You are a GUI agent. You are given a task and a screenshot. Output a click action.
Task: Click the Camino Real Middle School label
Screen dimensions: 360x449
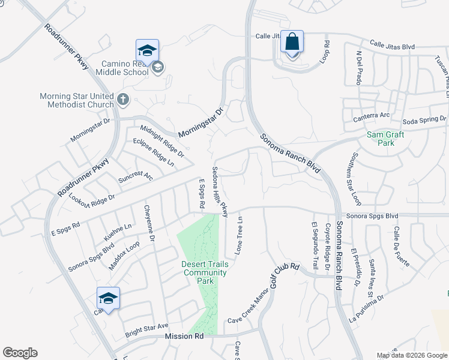point(124,68)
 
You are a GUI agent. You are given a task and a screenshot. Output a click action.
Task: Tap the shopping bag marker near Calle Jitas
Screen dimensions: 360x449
point(292,44)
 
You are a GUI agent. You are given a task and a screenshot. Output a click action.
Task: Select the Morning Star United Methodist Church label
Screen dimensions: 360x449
point(76,100)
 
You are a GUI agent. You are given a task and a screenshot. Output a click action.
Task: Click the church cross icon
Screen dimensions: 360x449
point(123,99)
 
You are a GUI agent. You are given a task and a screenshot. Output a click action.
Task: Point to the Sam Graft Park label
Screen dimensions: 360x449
point(385,139)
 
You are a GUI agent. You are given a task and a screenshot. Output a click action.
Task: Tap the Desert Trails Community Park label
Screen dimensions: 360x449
point(205,272)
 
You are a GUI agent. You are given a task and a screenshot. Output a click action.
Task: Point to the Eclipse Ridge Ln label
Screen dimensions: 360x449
point(153,152)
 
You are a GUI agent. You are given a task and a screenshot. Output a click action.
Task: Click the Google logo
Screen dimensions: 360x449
point(20,353)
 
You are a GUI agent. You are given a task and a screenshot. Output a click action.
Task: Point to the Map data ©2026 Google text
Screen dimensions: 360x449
point(412,355)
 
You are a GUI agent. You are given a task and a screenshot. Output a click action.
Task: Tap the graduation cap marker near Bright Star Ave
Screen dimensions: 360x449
point(108,298)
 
